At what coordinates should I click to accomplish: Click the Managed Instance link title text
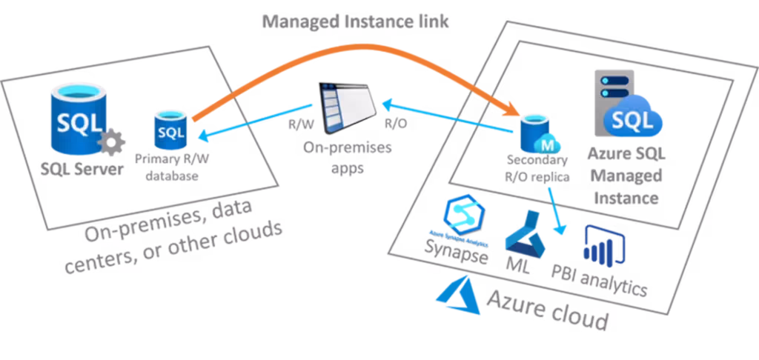pyautogui.click(x=356, y=20)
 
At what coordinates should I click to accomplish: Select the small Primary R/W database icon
pyautogui.click(x=170, y=130)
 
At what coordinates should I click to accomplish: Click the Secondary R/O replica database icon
pyautogui.click(x=540, y=134)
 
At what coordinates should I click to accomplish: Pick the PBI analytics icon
pyautogui.click(x=603, y=244)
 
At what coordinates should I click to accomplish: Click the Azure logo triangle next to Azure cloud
pyautogui.click(x=455, y=296)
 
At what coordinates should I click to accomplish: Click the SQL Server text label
pyautogui.click(x=81, y=169)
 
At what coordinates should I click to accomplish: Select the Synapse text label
pyautogui.click(x=457, y=253)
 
